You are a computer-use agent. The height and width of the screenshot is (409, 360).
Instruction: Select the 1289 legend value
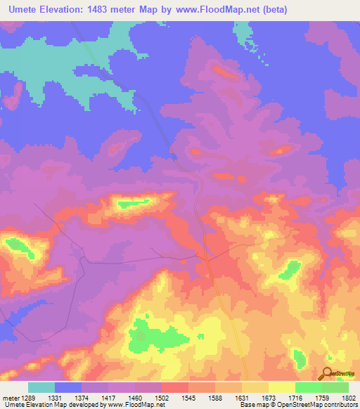pos(27,398)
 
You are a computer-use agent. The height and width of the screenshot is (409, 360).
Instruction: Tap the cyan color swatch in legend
pos(41,387)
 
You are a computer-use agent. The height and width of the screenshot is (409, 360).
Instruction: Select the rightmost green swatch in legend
pos(335,387)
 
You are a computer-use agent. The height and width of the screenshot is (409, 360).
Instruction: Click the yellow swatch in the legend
pos(281,387)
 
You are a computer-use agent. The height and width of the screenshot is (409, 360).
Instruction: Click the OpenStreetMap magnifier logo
pos(328,375)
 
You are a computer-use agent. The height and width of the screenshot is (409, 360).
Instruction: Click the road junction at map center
pos(206,259)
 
